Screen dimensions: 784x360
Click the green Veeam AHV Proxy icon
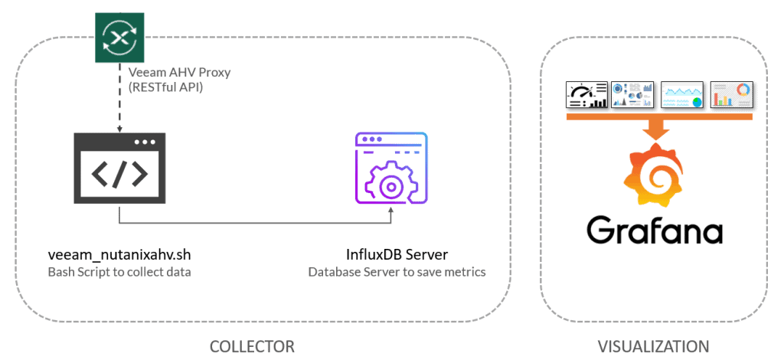coord(119,38)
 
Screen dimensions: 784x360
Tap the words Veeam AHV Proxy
coord(179,72)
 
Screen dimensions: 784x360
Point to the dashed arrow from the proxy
coord(119,97)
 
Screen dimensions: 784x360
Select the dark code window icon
coord(119,169)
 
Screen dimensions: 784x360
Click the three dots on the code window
coord(145,142)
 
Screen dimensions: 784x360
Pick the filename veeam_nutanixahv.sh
coord(119,255)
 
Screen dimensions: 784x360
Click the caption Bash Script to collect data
coord(119,273)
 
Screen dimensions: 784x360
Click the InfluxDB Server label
coord(397,255)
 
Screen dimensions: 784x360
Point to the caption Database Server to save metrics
coord(397,273)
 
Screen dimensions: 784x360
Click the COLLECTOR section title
coord(252,346)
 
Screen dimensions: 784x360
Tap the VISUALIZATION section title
coord(654,346)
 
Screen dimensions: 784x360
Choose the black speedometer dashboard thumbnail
coord(586,94)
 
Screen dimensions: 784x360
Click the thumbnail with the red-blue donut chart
coord(731,94)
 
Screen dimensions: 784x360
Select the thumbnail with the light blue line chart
coord(682,94)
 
